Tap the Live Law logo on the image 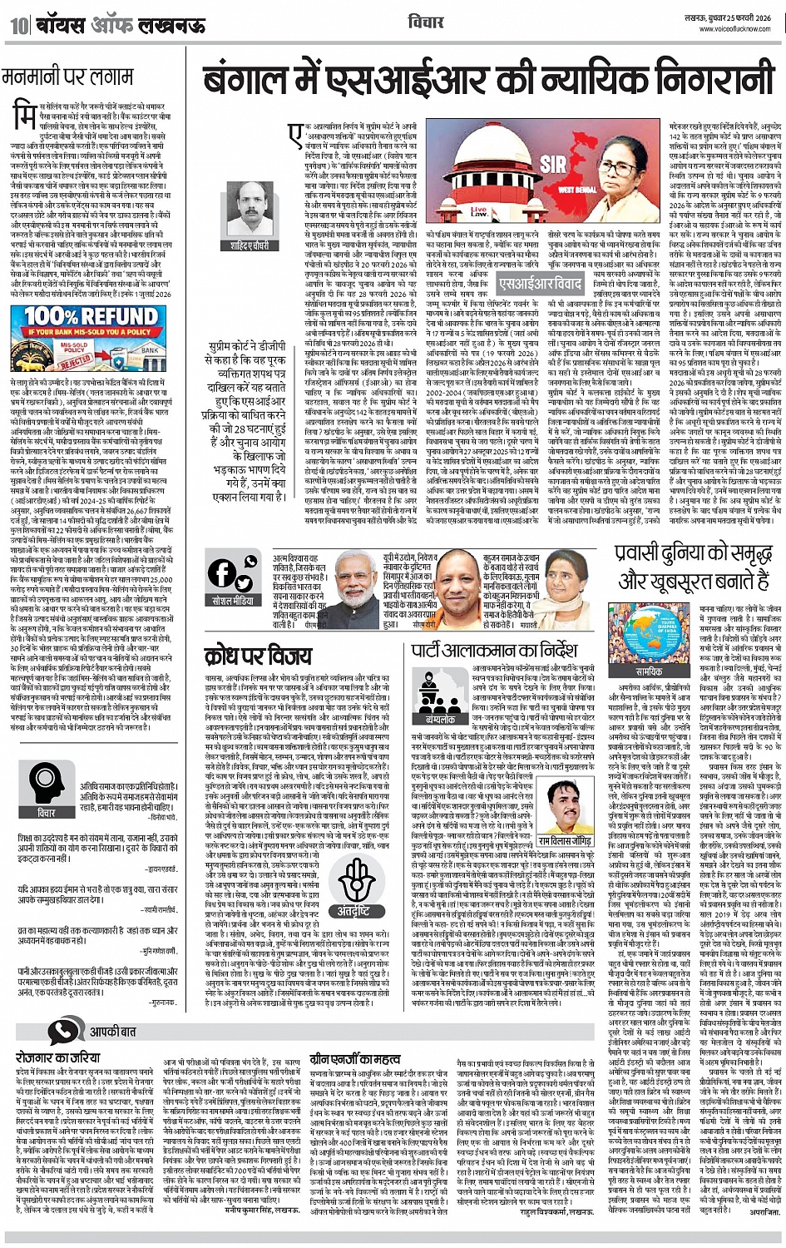[504, 210]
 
